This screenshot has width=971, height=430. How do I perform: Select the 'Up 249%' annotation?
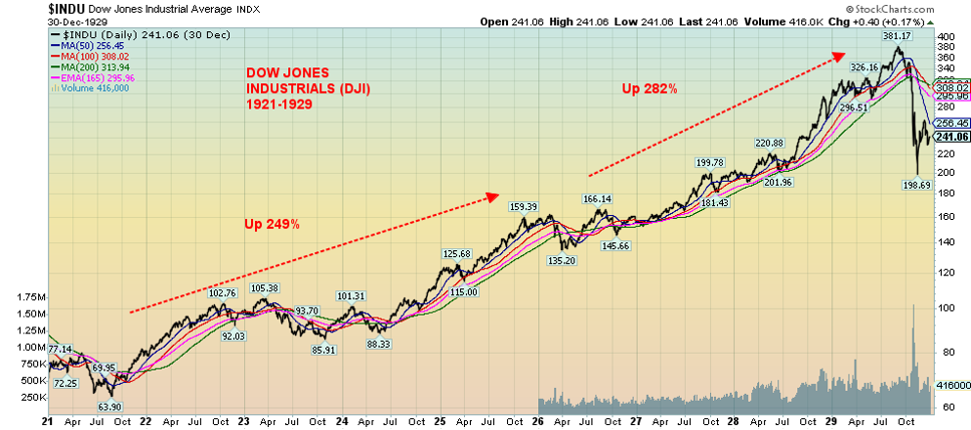272,225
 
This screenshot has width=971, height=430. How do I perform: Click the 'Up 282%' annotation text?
650,89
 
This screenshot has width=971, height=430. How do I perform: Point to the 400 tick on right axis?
946,37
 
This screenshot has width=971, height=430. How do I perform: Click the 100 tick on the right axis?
946,308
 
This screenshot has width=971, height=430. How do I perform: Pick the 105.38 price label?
264,287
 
